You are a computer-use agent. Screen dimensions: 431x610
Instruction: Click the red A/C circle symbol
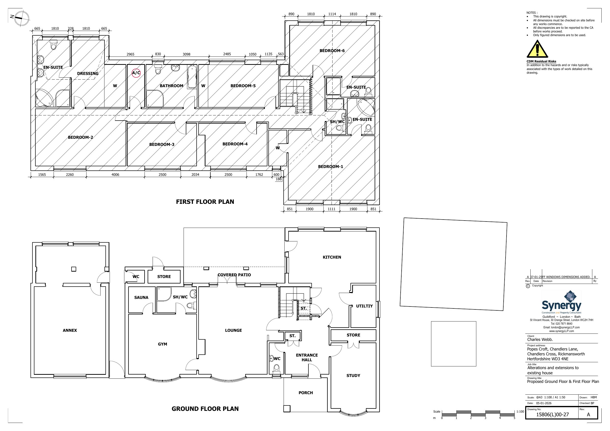[136, 73]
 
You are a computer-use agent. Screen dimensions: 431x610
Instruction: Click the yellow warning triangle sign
[537, 49]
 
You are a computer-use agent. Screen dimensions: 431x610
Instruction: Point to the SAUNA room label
[141, 297]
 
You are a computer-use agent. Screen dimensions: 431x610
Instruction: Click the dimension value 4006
[115, 175]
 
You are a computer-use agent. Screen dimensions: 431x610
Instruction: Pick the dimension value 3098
[187, 54]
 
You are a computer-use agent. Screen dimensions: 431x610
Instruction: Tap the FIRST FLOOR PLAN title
[205, 202]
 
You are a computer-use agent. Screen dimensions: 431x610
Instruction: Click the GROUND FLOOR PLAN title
[205, 409]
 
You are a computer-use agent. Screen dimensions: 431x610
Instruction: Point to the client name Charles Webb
[540, 340]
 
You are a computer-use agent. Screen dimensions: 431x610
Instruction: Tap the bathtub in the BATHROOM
[191, 77]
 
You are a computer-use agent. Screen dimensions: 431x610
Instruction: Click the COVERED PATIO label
[234, 275]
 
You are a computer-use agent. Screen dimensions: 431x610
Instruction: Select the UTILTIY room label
[364, 306]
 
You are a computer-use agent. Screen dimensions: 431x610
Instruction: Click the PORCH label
[305, 393]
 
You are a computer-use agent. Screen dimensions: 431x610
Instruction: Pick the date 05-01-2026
[544, 403]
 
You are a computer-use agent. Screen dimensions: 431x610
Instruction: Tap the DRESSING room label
[88, 74]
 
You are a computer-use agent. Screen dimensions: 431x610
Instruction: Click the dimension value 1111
[331, 209]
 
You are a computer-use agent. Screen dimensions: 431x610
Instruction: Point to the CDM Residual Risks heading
[541, 61]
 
